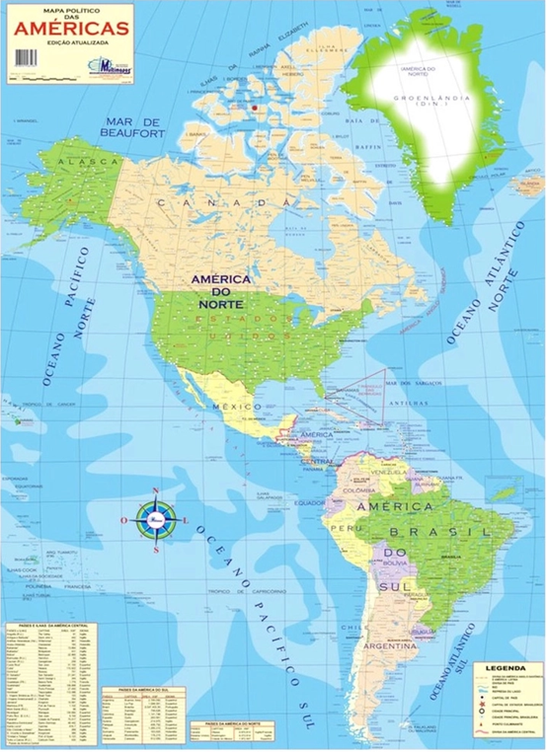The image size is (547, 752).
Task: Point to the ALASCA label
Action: click(78, 160)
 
